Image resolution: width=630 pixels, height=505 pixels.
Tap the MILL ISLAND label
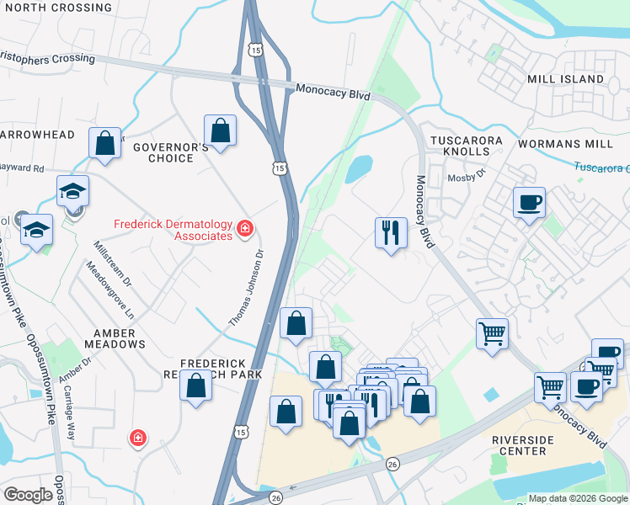(x=565, y=79)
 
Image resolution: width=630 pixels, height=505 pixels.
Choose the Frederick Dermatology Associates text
(x=174, y=230)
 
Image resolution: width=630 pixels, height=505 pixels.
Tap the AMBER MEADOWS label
(x=115, y=338)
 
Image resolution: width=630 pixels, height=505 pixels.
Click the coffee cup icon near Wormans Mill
(x=529, y=204)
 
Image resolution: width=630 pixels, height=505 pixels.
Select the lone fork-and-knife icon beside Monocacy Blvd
(x=391, y=231)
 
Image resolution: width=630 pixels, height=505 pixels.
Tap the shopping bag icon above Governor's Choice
(x=220, y=131)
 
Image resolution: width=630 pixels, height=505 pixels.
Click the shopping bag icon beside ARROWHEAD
(x=105, y=143)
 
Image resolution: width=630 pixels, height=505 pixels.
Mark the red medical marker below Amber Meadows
(x=136, y=438)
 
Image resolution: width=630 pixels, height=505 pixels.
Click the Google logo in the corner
(x=28, y=495)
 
